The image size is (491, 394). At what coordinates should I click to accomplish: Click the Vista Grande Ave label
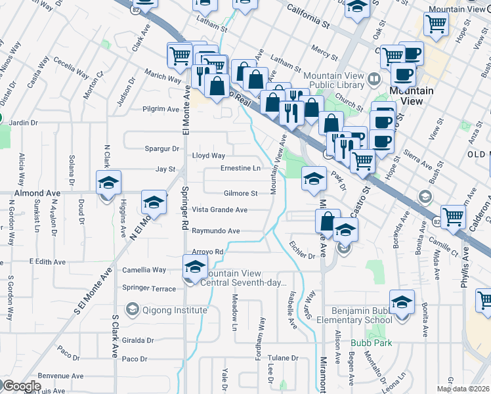tap(219, 209)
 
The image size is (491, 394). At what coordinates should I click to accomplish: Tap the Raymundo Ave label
tap(215, 231)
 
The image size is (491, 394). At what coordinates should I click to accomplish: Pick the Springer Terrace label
tap(149, 288)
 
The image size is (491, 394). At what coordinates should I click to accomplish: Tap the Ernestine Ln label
tap(240, 168)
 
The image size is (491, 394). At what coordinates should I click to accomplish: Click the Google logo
tap(21, 386)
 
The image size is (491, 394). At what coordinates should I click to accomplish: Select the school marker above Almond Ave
tap(109, 183)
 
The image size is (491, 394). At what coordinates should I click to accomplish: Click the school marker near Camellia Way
tap(194, 268)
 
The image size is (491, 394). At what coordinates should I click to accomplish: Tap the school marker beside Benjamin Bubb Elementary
tap(401, 303)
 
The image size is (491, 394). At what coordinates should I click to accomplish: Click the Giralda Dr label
tap(138, 341)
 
